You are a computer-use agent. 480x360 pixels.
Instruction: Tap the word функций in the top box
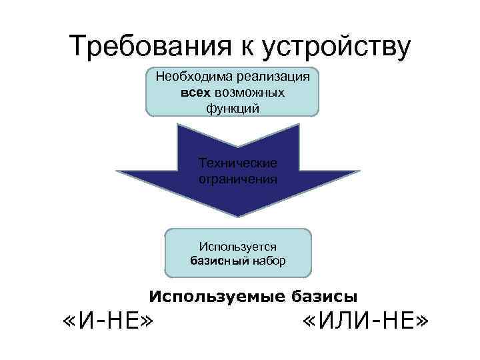click(233, 107)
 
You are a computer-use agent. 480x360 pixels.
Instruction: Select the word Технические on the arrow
click(238, 164)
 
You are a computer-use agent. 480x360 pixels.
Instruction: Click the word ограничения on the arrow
click(238, 179)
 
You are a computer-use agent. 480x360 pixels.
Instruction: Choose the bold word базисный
click(219, 261)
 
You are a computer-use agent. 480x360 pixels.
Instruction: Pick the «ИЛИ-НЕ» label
click(364, 325)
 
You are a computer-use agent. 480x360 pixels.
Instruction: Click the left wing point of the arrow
click(117, 172)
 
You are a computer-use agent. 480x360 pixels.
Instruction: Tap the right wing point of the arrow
click(359, 172)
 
